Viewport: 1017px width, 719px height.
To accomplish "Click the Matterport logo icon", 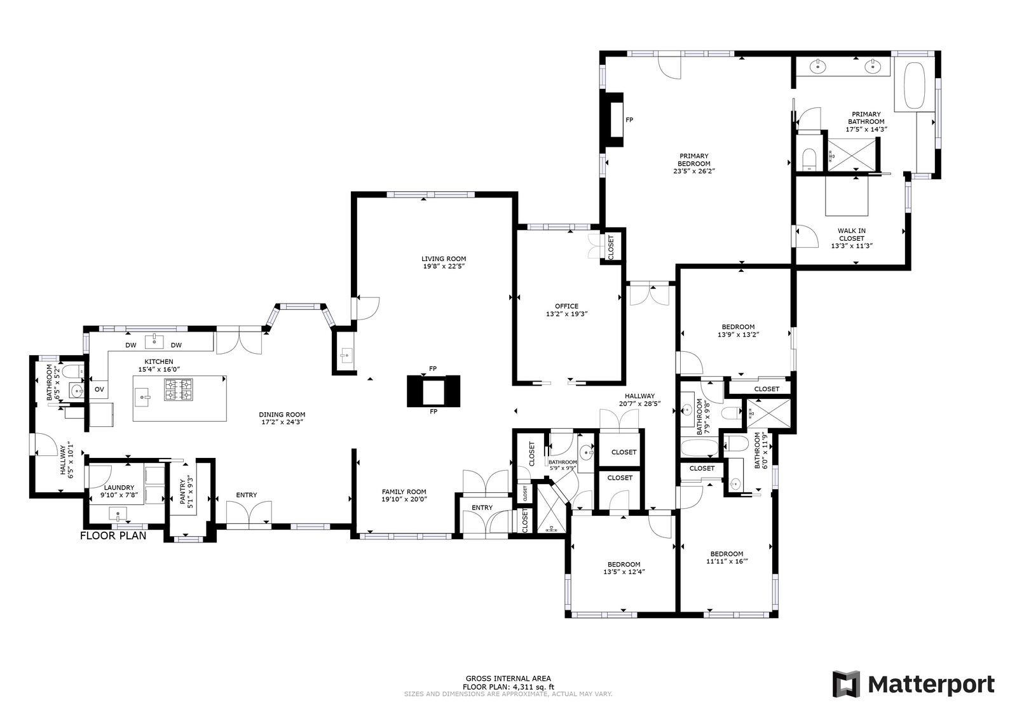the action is (x=846, y=684).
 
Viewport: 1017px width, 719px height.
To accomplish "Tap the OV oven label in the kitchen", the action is (x=99, y=389).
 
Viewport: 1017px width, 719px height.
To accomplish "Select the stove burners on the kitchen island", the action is (x=179, y=389).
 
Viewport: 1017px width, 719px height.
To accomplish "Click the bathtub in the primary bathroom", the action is (x=915, y=85).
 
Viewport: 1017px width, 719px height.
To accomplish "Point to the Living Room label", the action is (x=444, y=259).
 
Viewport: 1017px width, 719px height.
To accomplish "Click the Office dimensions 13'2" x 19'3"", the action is (x=566, y=314).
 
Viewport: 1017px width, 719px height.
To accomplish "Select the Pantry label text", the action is (x=182, y=493).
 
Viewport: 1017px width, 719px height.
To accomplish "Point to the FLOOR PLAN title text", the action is (x=113, y=535).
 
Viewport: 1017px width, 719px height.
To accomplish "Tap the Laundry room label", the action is (x=119, y=488).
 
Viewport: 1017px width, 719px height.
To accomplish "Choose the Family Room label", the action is (x=404, y=492).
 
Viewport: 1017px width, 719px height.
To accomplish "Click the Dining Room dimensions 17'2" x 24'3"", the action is (x=282, y=422).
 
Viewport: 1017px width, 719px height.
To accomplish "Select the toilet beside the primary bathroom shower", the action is (x=809, y=159).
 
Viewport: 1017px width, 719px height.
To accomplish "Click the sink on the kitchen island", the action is (x=144, y=398).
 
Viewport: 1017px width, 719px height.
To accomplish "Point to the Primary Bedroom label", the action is (x=694, y=159).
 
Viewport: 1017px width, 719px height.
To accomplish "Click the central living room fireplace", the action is (x=433, y=391).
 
